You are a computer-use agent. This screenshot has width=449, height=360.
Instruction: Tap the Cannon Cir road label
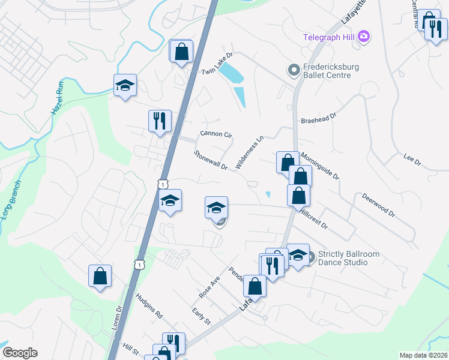tap(215, 134)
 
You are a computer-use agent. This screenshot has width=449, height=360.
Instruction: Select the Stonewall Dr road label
tap(211, 160)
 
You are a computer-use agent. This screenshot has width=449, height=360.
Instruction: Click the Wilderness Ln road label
tap(250, 152)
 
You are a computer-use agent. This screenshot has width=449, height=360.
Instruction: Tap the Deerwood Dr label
tap(379, 205)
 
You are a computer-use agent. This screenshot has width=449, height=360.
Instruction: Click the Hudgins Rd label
tap(149, 305)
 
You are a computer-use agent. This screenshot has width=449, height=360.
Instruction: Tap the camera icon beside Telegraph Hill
tap(363, 37)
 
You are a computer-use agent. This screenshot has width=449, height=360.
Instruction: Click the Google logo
tap(20, 353)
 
